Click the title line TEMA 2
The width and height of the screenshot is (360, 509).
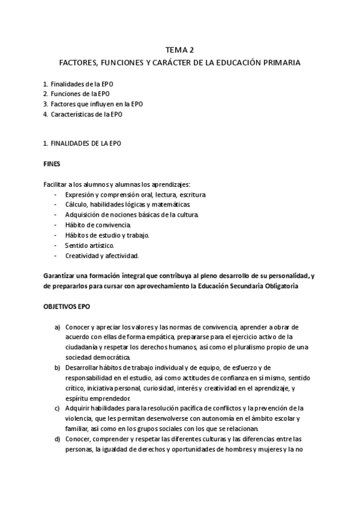pyautogui.click(x=179, y=50)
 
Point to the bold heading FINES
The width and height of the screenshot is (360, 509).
pyautogui.click(x=52, y=163)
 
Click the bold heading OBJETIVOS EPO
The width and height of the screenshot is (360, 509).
pyautogui.click(x=66, y=306)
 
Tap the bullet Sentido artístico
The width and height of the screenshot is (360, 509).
pyautogui.click(x=89, y=245)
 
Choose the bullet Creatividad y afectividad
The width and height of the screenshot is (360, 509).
pyautogui.click(x=102, y=255)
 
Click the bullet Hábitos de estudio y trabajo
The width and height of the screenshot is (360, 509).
pyautogui.click(x=107, y=235)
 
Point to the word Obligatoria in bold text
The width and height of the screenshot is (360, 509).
pyautogui.click(x=278, y=286)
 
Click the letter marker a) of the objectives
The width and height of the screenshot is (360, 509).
pyautogui.click(x=58, y=327)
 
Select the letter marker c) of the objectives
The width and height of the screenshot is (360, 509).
pyautogui.click(x=58, y=408)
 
